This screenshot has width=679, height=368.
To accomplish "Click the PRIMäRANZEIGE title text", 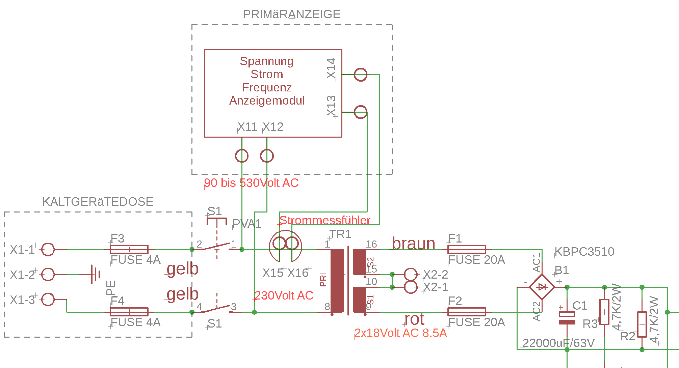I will [x=291, y=14].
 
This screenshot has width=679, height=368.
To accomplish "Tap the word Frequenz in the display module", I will [x=267, y=87].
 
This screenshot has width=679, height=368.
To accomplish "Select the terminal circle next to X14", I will [x=360, y=75].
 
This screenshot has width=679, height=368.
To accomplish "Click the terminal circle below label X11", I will [x=242, y=156].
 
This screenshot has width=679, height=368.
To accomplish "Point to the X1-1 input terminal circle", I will [x=48, y=250].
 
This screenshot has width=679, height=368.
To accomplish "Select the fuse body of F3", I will [x=129, y=250].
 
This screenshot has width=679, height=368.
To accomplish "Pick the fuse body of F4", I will [x=129, y=312].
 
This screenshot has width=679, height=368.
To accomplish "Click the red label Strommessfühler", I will [x=325, y=220].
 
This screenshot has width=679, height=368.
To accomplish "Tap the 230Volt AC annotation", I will [x=284, y=295].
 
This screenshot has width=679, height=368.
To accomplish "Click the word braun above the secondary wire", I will [x=413, y=244].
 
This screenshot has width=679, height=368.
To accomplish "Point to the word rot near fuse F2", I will [x=414, y=319].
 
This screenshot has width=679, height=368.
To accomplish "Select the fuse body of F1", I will [x=467, y=250].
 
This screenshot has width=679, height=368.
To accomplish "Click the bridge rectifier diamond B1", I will [x=542, y=287].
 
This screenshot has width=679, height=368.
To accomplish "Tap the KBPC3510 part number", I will [x=584, y=252].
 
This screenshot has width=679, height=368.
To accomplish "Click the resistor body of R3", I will [x=604, y=312].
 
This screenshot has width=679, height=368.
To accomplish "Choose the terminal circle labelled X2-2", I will [x=411, y=275].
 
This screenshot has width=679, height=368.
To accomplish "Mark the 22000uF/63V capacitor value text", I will [x=558, y=343].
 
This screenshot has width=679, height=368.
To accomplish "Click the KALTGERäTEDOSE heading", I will [x=98, y=202].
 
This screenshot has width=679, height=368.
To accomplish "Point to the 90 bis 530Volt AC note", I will [x=251, y=183].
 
